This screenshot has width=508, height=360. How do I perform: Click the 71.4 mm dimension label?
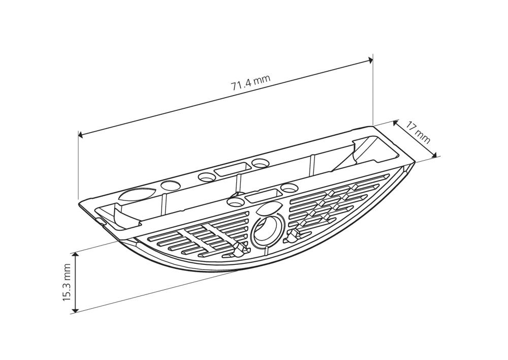coord(250,83)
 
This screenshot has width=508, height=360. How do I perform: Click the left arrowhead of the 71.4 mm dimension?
coord(80,135)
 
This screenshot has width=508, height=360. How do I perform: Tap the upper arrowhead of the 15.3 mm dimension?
coord(76,255)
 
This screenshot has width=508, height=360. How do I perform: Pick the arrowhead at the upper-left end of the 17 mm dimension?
coord(398,122)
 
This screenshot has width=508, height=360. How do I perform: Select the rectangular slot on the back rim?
coord(230,170)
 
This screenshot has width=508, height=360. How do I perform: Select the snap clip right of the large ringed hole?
coord(293,235)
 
